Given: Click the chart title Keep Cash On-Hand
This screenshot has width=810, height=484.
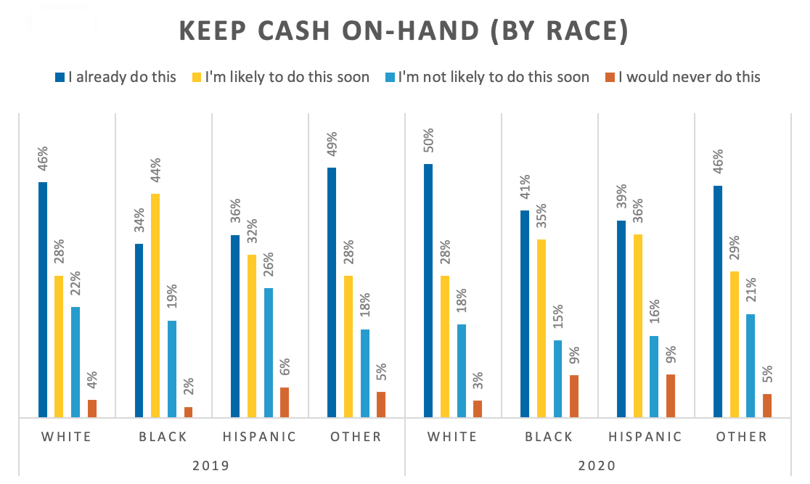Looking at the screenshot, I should (x=404, y=32).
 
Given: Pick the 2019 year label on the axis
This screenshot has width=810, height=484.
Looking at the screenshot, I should (x=211, y=465).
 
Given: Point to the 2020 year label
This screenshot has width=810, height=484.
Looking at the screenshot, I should (x=597, y=465).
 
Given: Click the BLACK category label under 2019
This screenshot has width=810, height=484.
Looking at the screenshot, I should (x=163, y=437).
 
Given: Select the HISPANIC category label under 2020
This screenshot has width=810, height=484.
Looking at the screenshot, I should (x=647, y=437).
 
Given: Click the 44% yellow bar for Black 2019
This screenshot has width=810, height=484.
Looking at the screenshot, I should (x=156, y=305).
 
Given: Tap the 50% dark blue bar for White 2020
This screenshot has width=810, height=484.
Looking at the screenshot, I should (x=428, y=290).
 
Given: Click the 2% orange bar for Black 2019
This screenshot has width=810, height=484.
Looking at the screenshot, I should (x=189, y=412).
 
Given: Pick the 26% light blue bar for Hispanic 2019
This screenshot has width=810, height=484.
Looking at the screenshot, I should (x=269, y=353).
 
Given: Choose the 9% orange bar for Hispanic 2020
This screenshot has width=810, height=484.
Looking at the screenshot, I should (x=671, y=395).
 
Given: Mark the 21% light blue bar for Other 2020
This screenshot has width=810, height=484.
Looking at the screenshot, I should (x=750, y=366).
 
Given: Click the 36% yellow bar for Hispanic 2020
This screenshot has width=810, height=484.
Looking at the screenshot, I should (x=638, y=326).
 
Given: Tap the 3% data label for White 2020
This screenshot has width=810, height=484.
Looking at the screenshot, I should (x=478, y=382).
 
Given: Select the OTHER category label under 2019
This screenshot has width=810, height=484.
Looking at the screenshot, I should (x=356, y=437).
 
